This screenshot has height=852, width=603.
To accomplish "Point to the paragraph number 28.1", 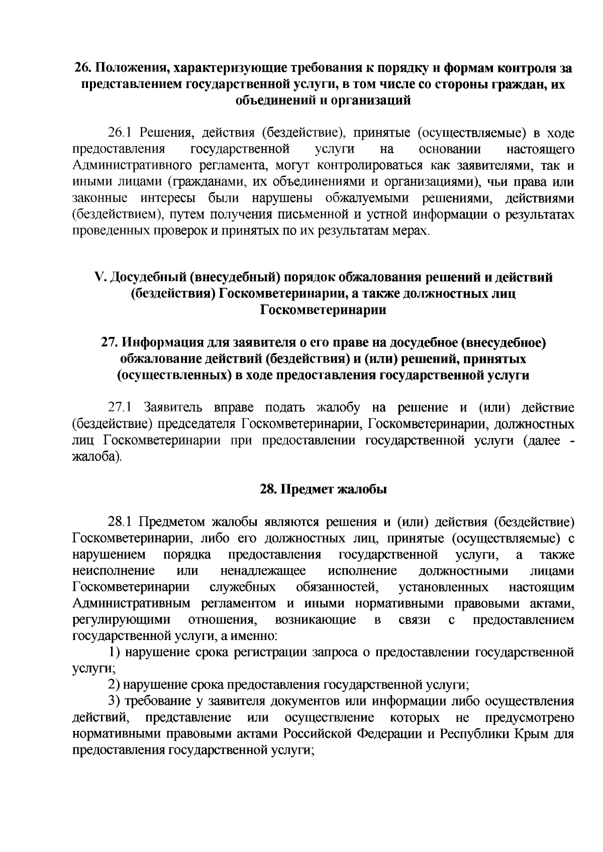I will pyautogui.click(x=120, y=522).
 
